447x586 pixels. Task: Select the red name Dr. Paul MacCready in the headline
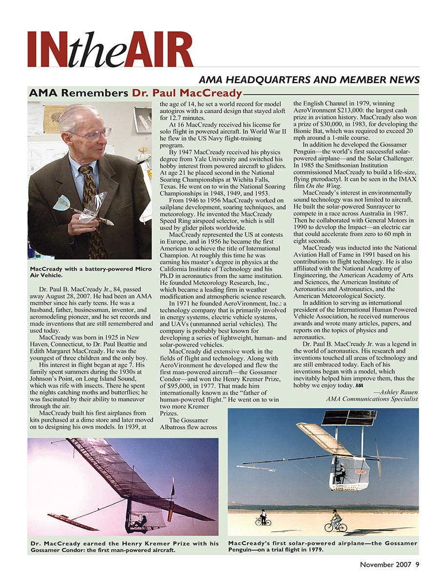coord(187,93)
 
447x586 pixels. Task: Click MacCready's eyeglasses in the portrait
coord(91,132)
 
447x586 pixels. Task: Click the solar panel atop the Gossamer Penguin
coord(349,418)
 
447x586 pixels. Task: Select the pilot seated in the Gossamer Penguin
coord(340,472)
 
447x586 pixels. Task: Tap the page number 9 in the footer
coord(417,565)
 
